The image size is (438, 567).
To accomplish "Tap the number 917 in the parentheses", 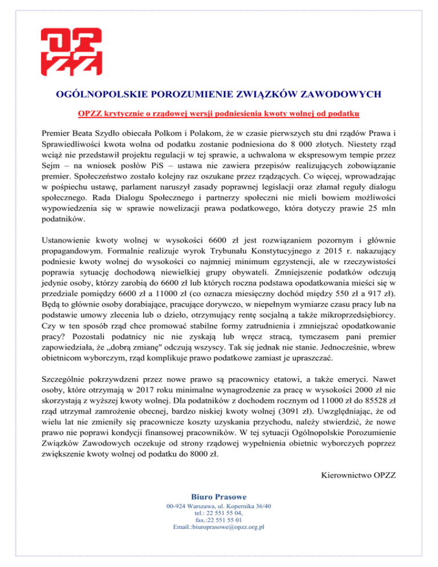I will [367, 297].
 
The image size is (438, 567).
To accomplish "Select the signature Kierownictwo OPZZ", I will [359, 476].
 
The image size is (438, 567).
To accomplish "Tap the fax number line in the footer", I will [218, 520].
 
